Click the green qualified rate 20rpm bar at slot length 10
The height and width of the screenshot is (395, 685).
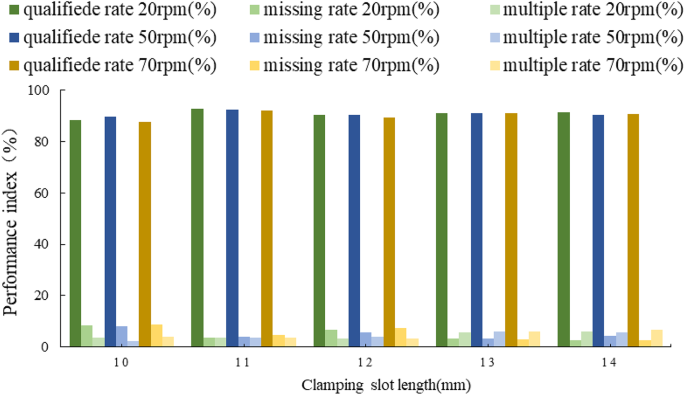[x=75, y=234]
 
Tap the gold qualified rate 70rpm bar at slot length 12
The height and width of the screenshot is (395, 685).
[x=389, y=232]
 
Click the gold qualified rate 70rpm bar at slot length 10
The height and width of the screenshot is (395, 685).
[x=145, y=235]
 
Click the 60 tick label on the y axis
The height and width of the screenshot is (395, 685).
[x=41, y=193]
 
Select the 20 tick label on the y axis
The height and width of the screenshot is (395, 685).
[x=41, y=296]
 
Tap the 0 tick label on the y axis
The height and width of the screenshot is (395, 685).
[x=45, y=347]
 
